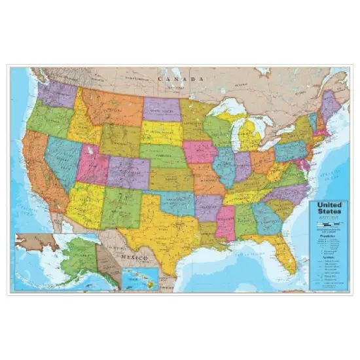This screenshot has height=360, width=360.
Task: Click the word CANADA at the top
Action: [x=180, y=77]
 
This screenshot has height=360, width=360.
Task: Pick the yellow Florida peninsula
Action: [x=283, y=252]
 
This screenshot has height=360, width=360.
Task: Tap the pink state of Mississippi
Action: [x=226, y=221]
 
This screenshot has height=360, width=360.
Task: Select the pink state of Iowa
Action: [x=200, y=151]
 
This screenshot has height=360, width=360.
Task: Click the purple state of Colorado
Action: [x=128, y=172]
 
